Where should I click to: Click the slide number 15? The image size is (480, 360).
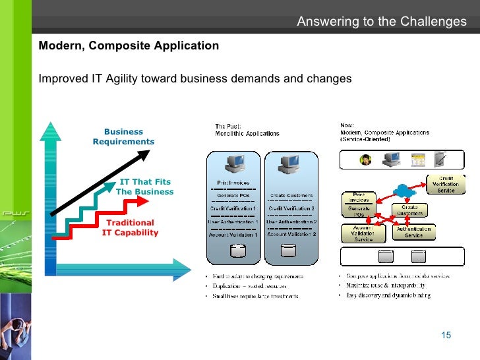(x=446, y=336)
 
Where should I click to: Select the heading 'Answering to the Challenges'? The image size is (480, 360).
(x=381, y=22)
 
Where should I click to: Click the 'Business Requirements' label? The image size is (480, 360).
(x=123, y=136)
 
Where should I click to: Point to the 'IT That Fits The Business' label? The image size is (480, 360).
(x=145, y=187)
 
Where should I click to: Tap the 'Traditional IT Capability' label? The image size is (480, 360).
(x=130, y=227)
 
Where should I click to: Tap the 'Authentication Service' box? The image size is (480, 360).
(x=413, y=232)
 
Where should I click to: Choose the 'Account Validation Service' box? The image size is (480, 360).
(x=363, y=233)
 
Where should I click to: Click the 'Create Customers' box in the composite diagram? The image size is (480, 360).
(x=409, y=210)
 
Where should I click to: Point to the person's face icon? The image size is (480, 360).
(x=364, y=160)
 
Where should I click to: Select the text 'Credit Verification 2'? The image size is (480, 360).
(x=291, y=208)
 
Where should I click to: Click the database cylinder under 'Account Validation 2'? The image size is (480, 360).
(x=288, y=252)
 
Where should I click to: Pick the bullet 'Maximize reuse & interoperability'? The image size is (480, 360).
(x=385, y=285)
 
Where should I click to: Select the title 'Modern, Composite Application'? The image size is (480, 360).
(x=129, y=45)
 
